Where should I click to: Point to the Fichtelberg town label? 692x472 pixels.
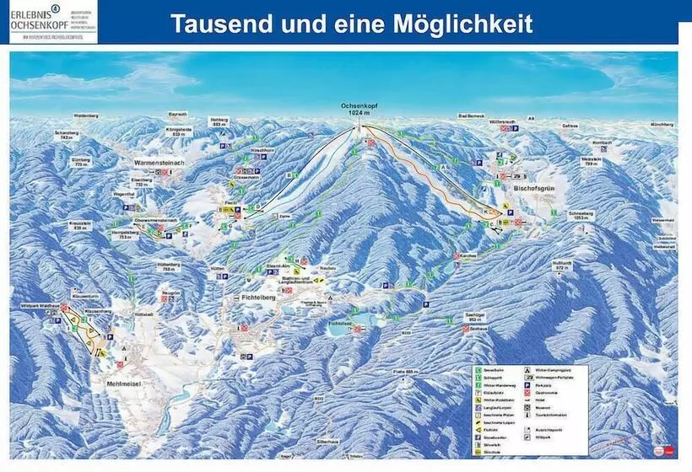[x=252, y=298]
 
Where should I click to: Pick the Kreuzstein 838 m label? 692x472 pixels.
[x=82, y=225]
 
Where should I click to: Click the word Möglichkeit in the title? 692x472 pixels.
[x=463, y=23]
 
